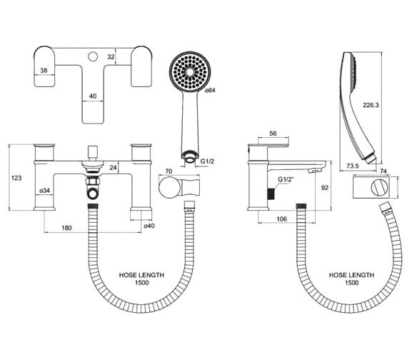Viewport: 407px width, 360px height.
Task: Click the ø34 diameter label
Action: click(x=45, y=190)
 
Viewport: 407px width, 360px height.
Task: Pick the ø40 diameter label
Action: click(x=149, y=226)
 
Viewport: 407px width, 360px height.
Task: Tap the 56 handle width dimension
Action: click(x=272, y=133)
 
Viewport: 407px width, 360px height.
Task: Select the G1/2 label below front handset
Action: click(x=207, y=162)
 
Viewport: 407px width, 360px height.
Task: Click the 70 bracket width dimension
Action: click(x=169, y=171)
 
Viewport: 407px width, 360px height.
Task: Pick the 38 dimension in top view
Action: click(x=44, y=71)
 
